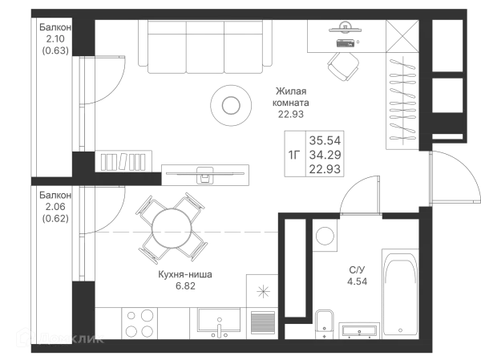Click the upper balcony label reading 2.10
coord(55,39)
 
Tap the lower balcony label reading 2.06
coord(55,207)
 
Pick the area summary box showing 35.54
coord(313,153)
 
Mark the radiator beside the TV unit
coord(124,161)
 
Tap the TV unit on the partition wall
coord(205,172)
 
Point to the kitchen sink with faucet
coord(215,323)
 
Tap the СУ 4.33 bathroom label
coord(358,275)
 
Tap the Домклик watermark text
coord(72,339)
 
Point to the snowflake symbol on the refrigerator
coord(263,292)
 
